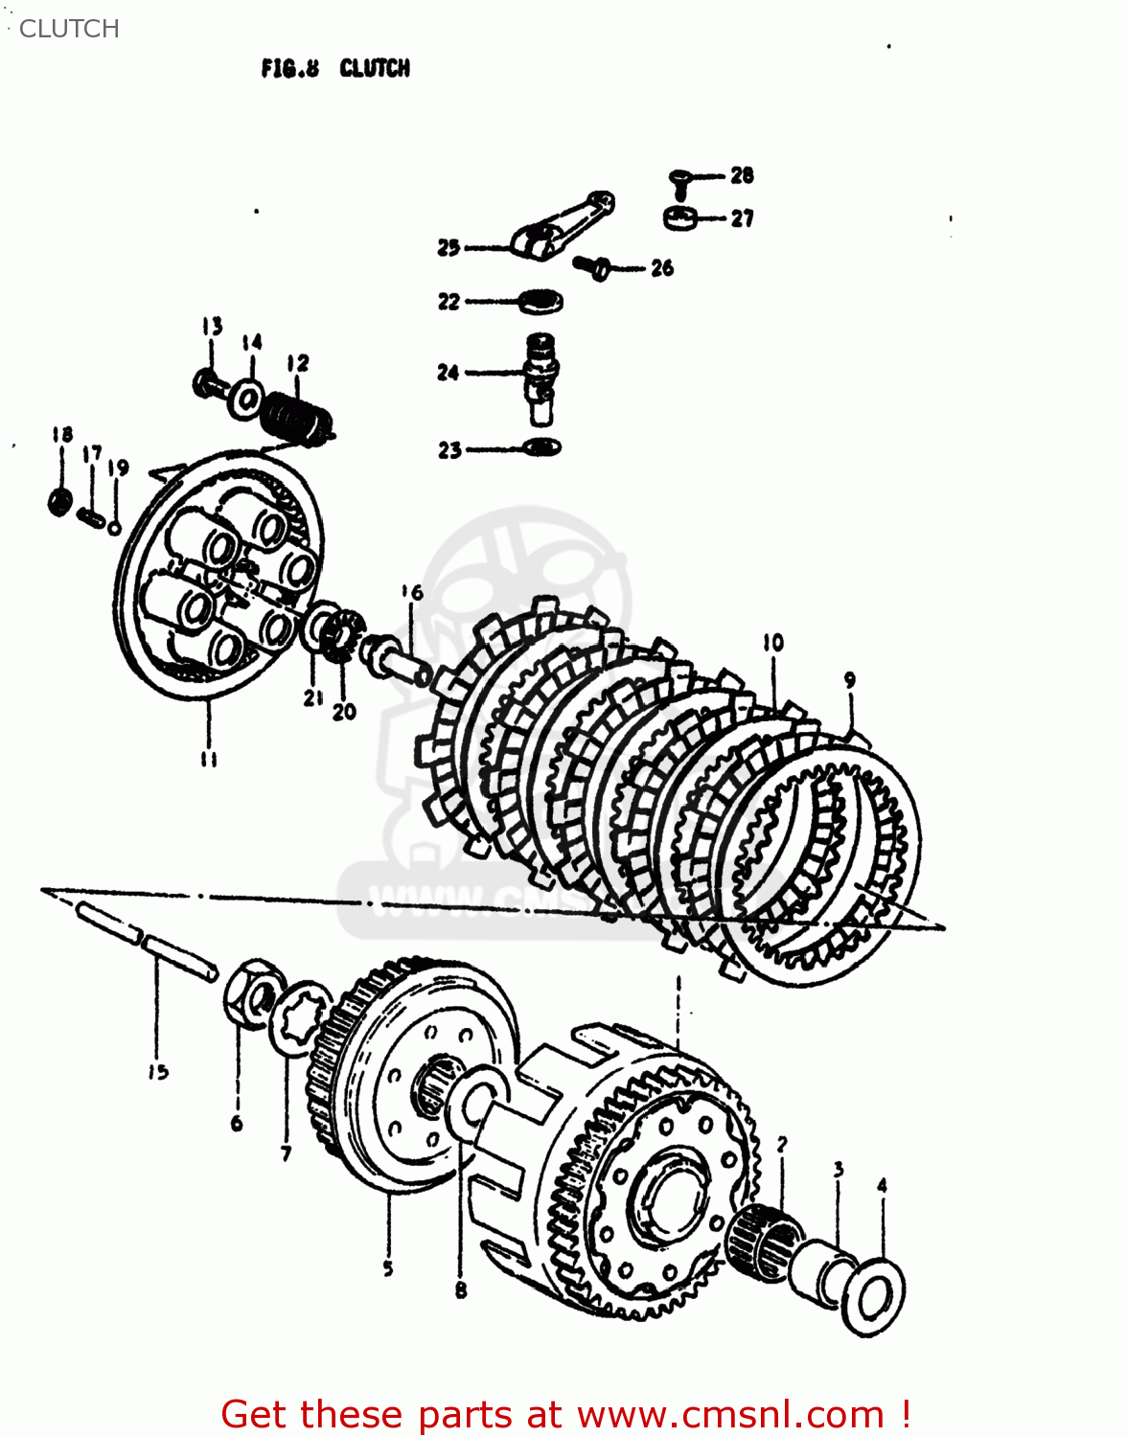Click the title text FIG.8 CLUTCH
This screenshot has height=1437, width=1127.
pos(334,68)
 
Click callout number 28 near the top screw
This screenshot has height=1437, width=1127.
pos(742,175)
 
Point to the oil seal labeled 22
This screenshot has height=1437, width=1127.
pos(540,302)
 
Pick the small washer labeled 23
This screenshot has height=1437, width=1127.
pos(542,447)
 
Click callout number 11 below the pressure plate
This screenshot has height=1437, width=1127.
pos(208,759)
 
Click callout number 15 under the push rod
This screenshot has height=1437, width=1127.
pos(157,1072)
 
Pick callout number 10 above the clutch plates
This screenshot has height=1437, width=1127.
pos(773,643)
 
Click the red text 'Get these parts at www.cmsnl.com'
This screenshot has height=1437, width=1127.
pos(565,1414)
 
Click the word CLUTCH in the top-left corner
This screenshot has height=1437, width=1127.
pos(69,29)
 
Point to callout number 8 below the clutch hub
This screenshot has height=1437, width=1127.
pos(461,1290)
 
